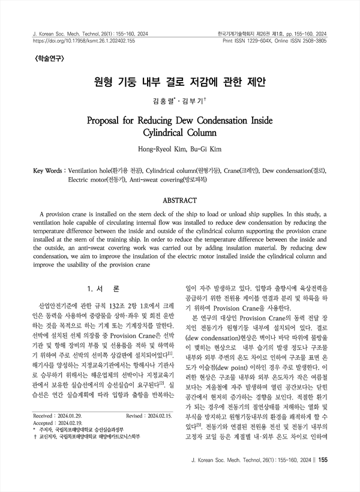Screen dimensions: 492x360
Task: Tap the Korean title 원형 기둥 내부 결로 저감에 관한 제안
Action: pyautogui.click(x=180, y=81)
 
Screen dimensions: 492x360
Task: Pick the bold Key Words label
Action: pyautogui.click(x=49, y=170)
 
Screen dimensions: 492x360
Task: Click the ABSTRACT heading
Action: pyautogui.click(x=180, y=200)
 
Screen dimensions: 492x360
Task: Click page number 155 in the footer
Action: pyautogui.click(x=322, y=477)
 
